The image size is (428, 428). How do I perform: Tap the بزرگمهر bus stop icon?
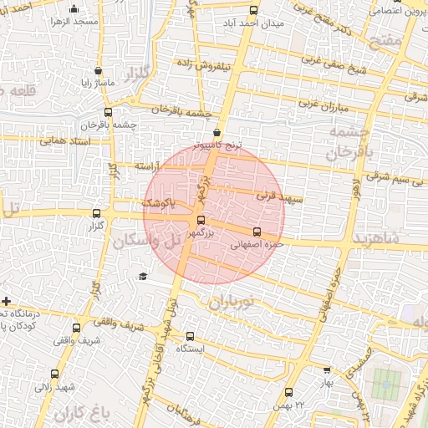(200, 221)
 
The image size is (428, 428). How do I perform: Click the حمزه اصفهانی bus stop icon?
(256, 232)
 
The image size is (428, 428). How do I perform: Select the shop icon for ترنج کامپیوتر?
(217, 132)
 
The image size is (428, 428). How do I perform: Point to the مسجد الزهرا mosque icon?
(74, 9)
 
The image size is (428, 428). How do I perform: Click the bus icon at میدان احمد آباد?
(254, 10)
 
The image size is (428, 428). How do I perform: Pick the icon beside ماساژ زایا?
(99, 71)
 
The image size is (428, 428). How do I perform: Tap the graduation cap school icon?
(143, 276)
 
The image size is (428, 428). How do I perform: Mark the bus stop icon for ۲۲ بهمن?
(288, 391)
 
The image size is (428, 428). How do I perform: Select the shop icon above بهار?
(327, 369)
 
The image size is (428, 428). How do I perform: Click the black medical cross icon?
(7, 300)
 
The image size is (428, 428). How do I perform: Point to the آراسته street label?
(148, 166)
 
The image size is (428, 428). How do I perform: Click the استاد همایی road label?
(62, 141)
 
